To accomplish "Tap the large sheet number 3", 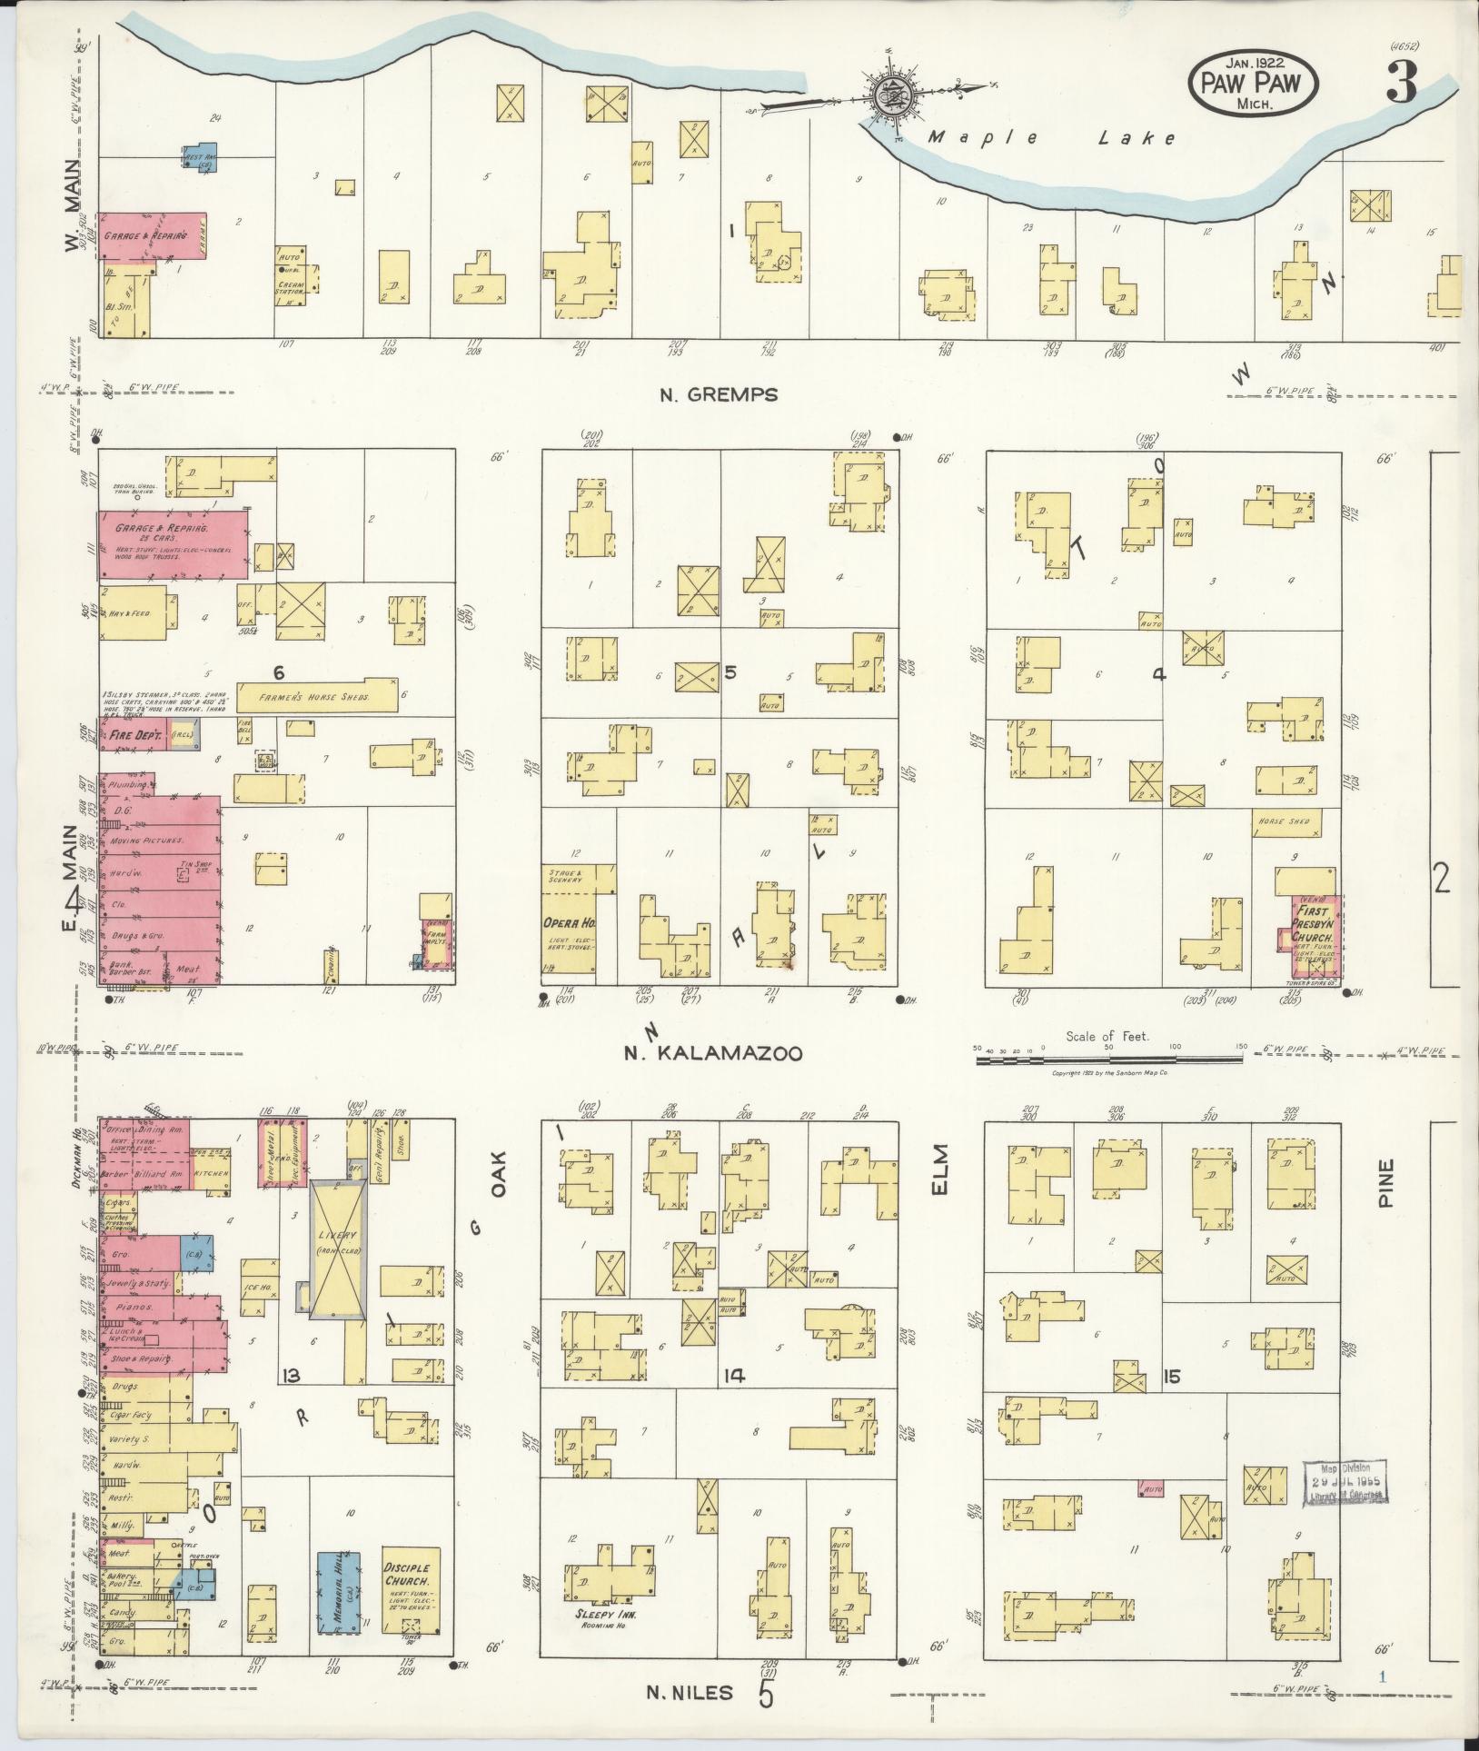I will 1401,86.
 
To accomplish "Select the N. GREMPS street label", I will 718,394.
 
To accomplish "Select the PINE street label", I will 1385,1181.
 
